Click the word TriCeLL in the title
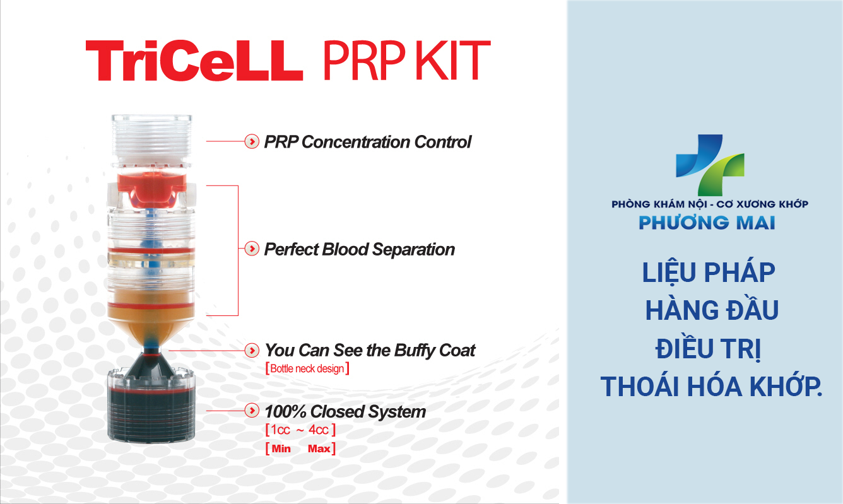click(x=194, y=61)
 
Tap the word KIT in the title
click(x=453, y=61)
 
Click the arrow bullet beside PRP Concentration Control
click(x=252, y=141)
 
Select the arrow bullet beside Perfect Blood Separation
click(x=252, y=249)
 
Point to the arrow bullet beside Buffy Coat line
click(x=252, y=350)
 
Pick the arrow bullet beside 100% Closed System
click(x=252, y=411)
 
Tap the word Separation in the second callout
click(x=413, y=249)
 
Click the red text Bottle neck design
click(x=307, y=368)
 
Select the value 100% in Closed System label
click(x=285, y=411)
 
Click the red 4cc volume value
click(x=319, y=430)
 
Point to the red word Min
click(x=281, y=448)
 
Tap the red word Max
click(x=319, y=448)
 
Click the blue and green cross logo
click(x=710, y=165)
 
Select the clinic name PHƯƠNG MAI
click(x=707, y=223)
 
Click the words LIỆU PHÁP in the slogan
click(x=709, y=272)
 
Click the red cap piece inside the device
click(x=151, y=188)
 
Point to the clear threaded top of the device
click(x=151, y=140)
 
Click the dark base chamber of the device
click(x=151, y=414)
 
